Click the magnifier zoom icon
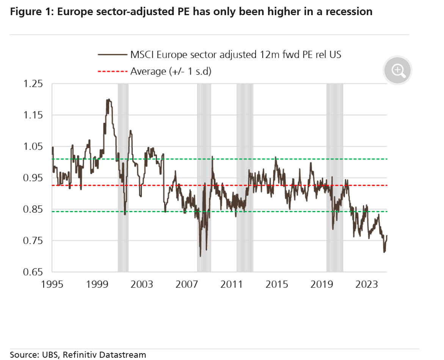[x=397, y=70]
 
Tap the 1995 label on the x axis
[x=52, y=284]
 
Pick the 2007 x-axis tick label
[x=187, y=284]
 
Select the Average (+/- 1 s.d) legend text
[x=171, y=71]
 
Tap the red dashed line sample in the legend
[x=112, y=71]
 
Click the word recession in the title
[x=349, y=12]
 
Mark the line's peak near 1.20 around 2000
[x=109, y=100]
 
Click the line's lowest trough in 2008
[x=200, y=256]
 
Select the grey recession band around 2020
[x=335, y=177]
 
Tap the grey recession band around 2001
[x=123, y=177]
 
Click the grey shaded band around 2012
[x=245, y=177]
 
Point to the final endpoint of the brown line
[x=387, y=236]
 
